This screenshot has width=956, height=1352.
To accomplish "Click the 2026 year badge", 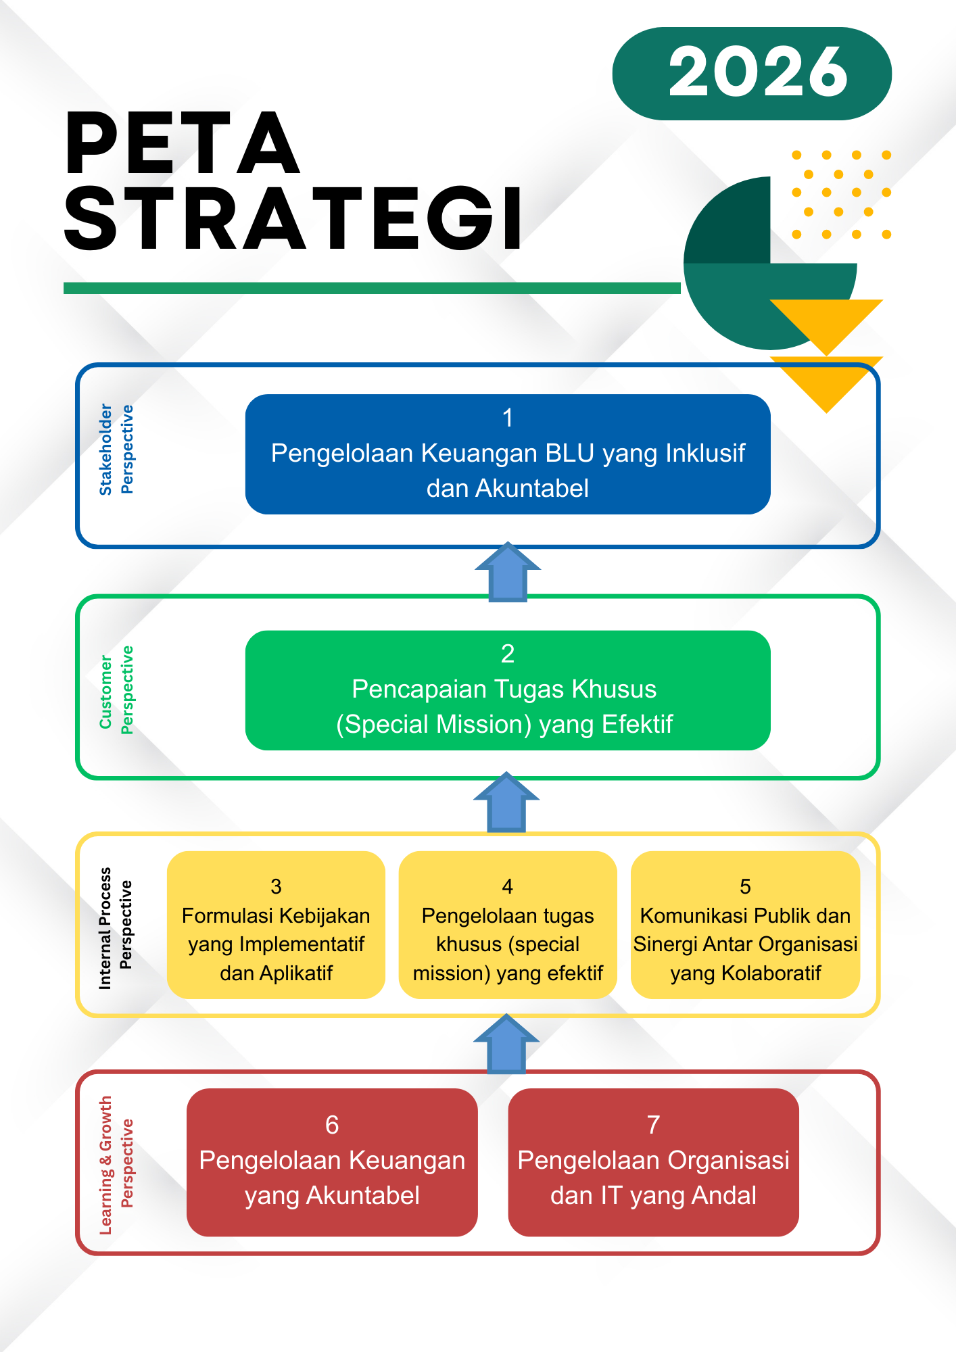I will click(x=752, y=73).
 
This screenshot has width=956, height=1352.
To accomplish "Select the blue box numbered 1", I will click(x=508, y=454).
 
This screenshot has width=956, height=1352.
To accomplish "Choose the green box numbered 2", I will click(x=508, y=690).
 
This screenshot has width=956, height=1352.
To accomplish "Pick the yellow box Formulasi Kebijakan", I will click(x=276, y=925).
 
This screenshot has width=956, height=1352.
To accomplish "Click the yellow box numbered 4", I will click(x=508, y=925).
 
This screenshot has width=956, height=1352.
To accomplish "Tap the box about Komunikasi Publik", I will click(x=745, y=925).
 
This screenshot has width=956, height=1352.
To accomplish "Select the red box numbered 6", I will click(x=332, y=1161).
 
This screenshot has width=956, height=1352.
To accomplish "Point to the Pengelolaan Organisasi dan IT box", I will click(x=653, y=1161).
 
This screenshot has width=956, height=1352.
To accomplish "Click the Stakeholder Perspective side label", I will click(x=116, y=450).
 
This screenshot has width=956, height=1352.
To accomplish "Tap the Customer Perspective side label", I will click(x=116, y=690).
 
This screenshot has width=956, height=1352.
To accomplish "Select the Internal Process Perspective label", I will click(x=116, y=927).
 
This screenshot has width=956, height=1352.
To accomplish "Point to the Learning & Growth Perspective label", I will click(x=116, y=1165).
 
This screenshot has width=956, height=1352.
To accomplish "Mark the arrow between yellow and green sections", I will click(x=506, y=802).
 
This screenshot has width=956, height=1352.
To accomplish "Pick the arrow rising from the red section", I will click(x=506, y=1044).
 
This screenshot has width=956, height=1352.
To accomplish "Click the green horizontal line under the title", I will click(x=372, y=288).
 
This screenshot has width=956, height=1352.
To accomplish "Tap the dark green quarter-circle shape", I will click(x=734, y=223).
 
